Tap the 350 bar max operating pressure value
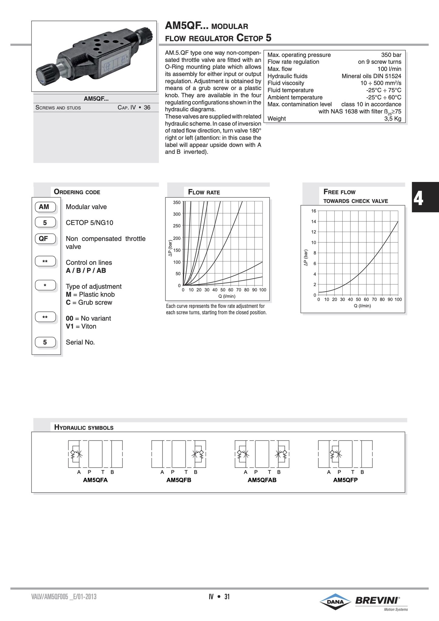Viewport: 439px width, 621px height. [391, 55]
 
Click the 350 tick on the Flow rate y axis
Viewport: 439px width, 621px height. [177, 202]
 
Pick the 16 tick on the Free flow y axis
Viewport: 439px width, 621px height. [313, 211]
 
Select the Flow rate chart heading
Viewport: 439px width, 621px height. [204, 192]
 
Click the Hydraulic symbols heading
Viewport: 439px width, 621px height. [84, 428]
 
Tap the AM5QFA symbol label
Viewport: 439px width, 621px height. [96, 480]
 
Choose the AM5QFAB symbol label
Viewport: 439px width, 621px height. [262, 480]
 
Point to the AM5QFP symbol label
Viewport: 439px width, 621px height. [345, 480]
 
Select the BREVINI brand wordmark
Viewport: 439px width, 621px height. [377, 600]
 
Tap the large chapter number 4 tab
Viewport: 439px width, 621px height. [418, 199]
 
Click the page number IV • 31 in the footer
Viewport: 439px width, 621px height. [219, 597]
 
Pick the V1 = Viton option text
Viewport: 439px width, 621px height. [81, 326]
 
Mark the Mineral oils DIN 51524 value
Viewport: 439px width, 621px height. [371, 76]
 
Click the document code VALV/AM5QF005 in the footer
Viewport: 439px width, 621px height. [64, 597]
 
